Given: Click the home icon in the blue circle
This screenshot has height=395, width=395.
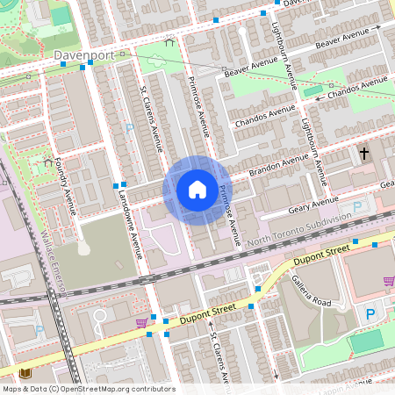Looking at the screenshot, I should (x=197, y=189).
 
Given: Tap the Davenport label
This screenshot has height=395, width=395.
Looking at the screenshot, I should (x=84, y=54).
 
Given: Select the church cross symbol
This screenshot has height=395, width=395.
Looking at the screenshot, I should (x=363, y=154).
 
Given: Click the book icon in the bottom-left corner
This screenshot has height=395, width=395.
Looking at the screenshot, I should (x=25, y=373).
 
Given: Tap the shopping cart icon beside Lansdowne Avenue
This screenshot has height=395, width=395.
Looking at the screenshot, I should (x=140, y=323).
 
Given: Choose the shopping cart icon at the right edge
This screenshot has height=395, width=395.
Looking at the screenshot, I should (x=388, y=281).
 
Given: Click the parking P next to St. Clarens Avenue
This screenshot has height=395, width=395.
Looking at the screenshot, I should (x=130, y=128).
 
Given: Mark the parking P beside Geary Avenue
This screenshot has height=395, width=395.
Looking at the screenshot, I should (x=356, y=207).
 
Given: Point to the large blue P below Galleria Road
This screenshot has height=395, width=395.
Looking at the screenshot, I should (x=370, y=313).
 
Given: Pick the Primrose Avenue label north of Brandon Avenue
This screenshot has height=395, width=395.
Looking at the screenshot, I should (x=197, y=104).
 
